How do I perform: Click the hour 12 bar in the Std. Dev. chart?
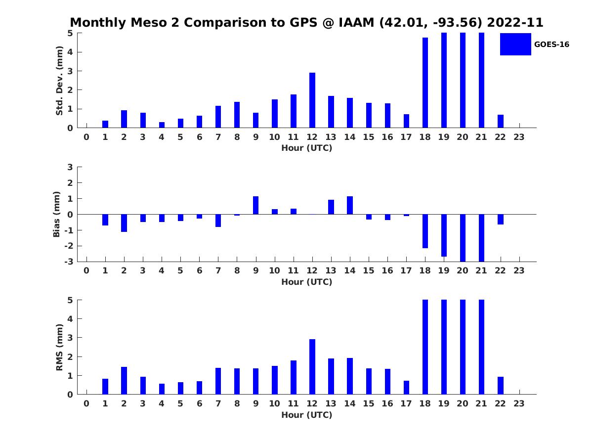tap(312, 100)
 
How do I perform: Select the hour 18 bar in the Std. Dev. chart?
tap(425, 83)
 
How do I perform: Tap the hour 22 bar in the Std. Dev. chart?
tap(501, 121)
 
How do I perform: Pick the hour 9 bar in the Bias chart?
tap(256, 205)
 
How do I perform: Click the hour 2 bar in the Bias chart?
tap(124, 223)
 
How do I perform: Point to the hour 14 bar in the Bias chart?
tap(350, 205)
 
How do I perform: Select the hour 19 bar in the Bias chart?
tap(444, 235)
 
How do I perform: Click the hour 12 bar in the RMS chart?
tap(312, 367)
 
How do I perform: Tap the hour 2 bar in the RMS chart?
tap(124, 381)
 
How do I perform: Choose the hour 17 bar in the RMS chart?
tap(406, 388)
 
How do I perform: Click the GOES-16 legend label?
tap(551, 44)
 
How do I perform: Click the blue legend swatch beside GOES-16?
tap(515, 44)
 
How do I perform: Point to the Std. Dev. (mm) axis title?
tap(59, 81)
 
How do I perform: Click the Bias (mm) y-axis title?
tap(57, 214)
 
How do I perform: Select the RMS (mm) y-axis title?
tap(59, 347)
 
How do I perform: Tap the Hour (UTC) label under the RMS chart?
tap(306, 415)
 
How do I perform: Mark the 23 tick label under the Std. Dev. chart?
tap(519, 137)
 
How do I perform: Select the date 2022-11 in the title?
tap(515, 23)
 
